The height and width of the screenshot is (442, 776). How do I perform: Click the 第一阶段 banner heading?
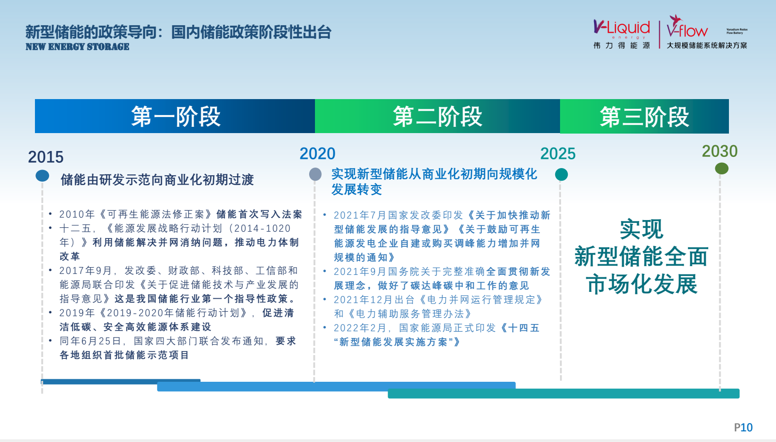(176, 117)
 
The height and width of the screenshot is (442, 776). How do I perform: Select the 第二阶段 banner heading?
(438, 117)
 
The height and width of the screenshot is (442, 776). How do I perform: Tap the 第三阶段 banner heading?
(644, 117)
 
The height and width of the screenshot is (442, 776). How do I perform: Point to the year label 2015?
(46, 157)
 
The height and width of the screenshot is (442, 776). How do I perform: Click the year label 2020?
(317, 153)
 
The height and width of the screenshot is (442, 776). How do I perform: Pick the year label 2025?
(558, 153)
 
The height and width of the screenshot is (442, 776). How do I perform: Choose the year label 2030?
(720, 151)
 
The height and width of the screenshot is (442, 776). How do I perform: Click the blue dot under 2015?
(42, 176)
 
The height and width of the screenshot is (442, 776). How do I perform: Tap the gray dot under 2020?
(315, 174)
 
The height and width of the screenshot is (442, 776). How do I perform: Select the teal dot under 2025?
(561, 174)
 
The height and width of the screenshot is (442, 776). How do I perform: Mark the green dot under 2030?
(722, 169)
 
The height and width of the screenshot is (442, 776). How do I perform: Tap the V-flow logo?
(687, 26)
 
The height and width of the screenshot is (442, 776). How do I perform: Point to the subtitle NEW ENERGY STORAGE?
(77, 47)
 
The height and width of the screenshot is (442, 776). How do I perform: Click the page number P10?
(743, 427)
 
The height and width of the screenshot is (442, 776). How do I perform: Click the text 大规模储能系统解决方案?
(707, 45)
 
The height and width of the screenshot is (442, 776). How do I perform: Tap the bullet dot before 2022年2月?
(325, 327)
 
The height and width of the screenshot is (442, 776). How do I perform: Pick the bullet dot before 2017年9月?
(50, 270)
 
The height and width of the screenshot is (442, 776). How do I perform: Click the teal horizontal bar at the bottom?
(563, 393)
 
